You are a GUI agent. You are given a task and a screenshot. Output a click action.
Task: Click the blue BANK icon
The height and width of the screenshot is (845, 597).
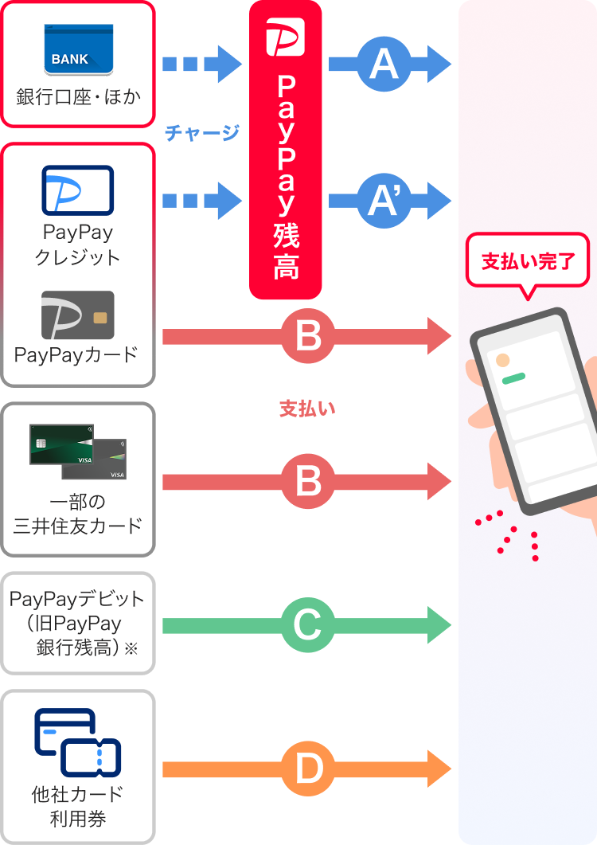pyautogui.click(x=79, y=49)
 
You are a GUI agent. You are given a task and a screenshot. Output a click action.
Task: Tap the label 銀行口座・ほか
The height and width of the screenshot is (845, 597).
pyautogui.click(x=79, y=97)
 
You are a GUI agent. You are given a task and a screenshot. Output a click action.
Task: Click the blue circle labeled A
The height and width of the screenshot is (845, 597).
pyautogui.click(x=384, y=65)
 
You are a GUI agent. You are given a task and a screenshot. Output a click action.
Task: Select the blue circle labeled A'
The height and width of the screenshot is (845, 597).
pyautogui.click(x=384, y=201)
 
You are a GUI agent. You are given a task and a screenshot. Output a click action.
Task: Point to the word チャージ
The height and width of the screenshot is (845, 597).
pyautogui.click(x=202, y=132)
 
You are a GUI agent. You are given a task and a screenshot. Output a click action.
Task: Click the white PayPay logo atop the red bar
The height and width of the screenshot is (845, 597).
pyautogui.click(x=286, y=37)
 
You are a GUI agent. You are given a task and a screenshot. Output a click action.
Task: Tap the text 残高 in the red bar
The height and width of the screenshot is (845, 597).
pyautogui.click(x=286, y=252)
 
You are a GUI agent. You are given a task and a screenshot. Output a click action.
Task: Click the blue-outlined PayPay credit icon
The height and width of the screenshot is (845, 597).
pyautogui.click(x=78, y=190)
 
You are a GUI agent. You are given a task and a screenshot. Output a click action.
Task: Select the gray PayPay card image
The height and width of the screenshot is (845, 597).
pyautogui.click(x=78, y=315)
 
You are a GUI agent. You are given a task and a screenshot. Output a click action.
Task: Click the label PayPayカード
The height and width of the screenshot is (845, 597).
pyautogui.click(x=76, y=354)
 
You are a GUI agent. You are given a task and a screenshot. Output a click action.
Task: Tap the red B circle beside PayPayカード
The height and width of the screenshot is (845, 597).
pyautogui.click(x=308, y=336)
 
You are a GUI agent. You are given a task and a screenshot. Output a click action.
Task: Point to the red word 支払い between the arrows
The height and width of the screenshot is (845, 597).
pyautogui.click(x=307, y=409)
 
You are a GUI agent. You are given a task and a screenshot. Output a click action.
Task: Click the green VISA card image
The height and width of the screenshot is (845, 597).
pyautogui.click(x=61, y=444)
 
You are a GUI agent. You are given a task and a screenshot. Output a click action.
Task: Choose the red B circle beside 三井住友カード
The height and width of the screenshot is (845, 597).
pyautogui.click(x=308, y=481)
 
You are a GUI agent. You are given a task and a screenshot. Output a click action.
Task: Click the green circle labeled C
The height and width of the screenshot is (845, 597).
pyautogui.click(x=308, y=625)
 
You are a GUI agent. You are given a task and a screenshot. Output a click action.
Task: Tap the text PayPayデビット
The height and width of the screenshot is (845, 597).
pyautogui.click(x=77, y=599)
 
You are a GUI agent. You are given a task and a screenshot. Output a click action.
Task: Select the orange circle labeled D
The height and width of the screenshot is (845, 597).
pyautogui.click(x=308, y=769)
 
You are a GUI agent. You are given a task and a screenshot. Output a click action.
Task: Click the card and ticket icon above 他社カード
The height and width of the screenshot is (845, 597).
pyautogui.click(x=78, y=742)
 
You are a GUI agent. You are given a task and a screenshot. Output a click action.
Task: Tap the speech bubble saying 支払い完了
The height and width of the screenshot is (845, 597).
pyautogui.click(x=528, y=263)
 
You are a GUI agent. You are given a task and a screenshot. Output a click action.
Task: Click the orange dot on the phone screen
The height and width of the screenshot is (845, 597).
pyautogui.click(x=503, y=361)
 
